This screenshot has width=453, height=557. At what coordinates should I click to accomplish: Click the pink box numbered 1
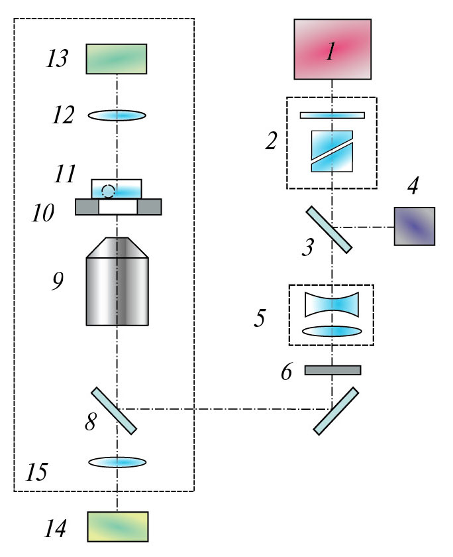tap(332, 50)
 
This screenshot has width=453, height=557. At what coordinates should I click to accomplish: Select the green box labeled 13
tap(117, 58)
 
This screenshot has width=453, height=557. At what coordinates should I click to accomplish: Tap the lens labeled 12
tap(117, 115)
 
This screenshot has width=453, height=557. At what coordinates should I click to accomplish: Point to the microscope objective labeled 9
tap(117, 282)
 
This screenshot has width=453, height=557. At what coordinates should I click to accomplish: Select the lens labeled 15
tap(117, 462)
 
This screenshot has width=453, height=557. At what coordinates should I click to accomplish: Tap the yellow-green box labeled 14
tap(118, 526)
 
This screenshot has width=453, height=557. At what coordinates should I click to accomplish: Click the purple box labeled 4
tap(415, 226)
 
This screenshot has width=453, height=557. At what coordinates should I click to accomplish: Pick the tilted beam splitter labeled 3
tap(328, 229)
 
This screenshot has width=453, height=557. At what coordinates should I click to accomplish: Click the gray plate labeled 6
tap(332, 370)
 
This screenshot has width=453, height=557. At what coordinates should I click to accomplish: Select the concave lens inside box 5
tap(332, 305)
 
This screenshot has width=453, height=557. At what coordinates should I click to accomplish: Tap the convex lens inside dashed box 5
tap(332, 331)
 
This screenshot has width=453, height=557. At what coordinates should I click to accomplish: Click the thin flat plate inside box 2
tap(332, 115)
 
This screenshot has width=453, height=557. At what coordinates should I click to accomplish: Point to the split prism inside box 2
tap(332, 152)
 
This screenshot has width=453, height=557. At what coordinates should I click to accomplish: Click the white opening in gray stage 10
tap(118, 208)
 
